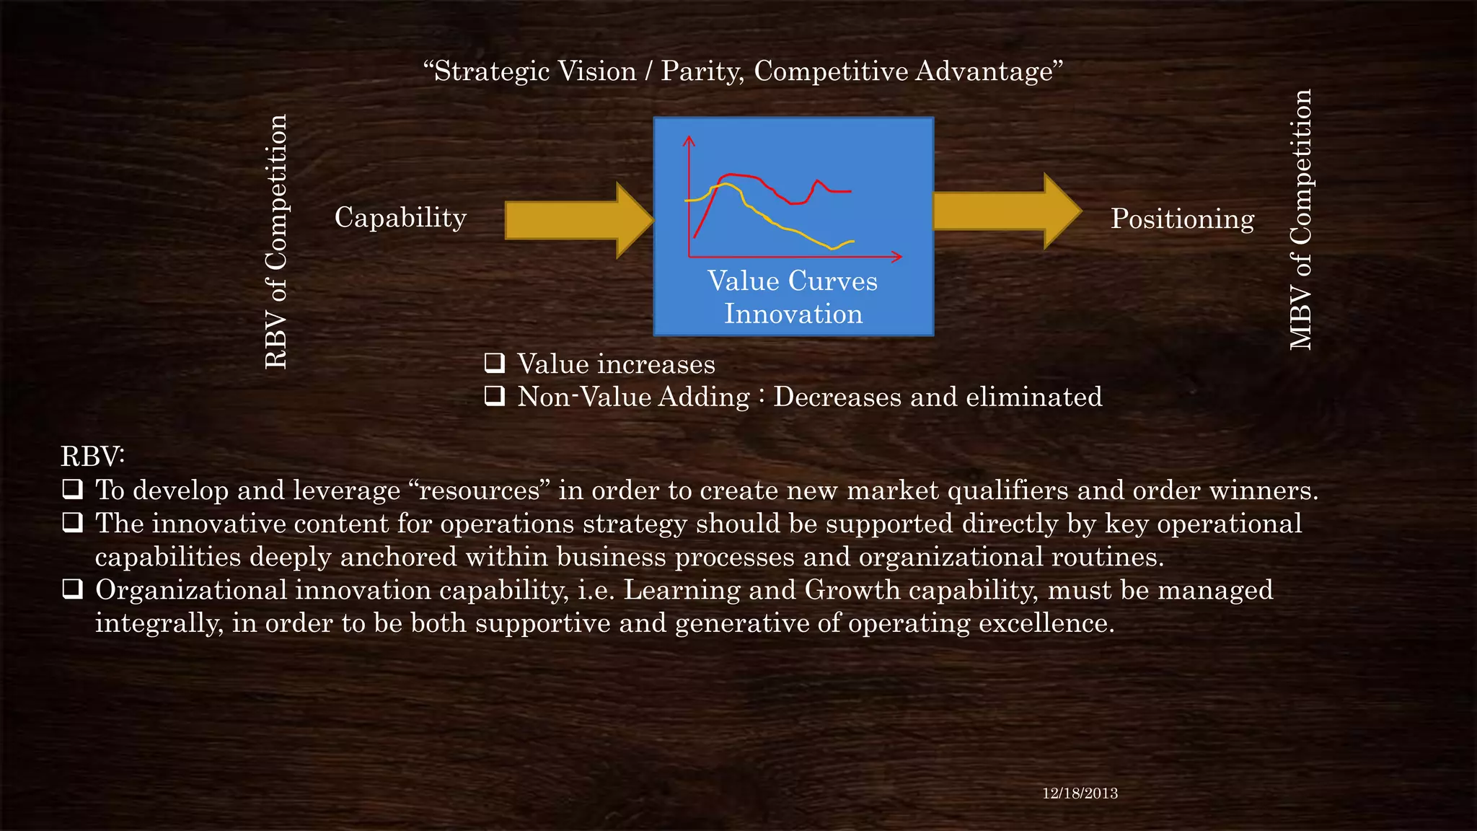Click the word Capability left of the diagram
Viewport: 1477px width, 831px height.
400,218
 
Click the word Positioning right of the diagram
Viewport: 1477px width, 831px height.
1182,219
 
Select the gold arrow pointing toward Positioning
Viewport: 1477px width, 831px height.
1007,211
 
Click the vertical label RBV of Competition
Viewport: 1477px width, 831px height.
276,242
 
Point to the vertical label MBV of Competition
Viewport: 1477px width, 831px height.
1300,220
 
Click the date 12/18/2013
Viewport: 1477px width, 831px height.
1080,793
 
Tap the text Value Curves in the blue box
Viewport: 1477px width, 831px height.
793,281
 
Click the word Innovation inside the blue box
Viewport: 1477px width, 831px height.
793,315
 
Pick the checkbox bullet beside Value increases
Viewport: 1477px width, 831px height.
495,363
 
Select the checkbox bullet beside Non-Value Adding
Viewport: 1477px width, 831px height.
495,396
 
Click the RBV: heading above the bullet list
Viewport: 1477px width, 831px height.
92,457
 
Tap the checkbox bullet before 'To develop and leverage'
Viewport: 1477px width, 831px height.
72,490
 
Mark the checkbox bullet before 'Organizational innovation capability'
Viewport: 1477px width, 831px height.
72,589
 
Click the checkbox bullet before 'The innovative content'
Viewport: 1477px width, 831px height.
72,523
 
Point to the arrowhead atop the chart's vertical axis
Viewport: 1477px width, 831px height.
689,139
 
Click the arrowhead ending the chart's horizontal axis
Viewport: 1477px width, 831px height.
897,257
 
